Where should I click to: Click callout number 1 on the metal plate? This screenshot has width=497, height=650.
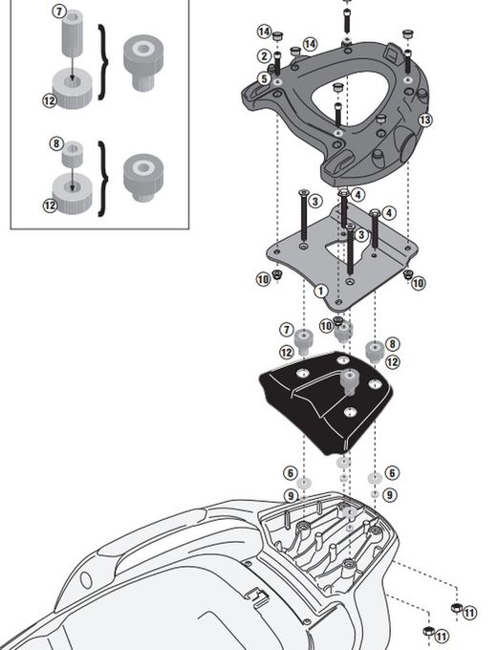click(x=320, y=290)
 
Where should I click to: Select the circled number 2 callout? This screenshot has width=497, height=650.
click(x=263, y=56)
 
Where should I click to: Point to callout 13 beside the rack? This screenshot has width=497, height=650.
click(x=425, y=119)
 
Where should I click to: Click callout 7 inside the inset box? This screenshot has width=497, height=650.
click(x=60, y=12)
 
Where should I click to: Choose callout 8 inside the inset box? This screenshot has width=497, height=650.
click(x=56, y=144)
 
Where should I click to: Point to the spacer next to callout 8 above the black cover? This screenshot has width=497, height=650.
click(x=375, y=349)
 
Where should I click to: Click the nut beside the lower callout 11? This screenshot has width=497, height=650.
click(x=427, y=633)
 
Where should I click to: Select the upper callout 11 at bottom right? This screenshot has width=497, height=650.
click(x=469, y=611)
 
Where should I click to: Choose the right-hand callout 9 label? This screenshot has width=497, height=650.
click(x=391, y=494)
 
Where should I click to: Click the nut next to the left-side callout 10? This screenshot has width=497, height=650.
click(x=276, y=276)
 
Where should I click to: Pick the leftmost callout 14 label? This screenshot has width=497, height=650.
click(x=263, y=32)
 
